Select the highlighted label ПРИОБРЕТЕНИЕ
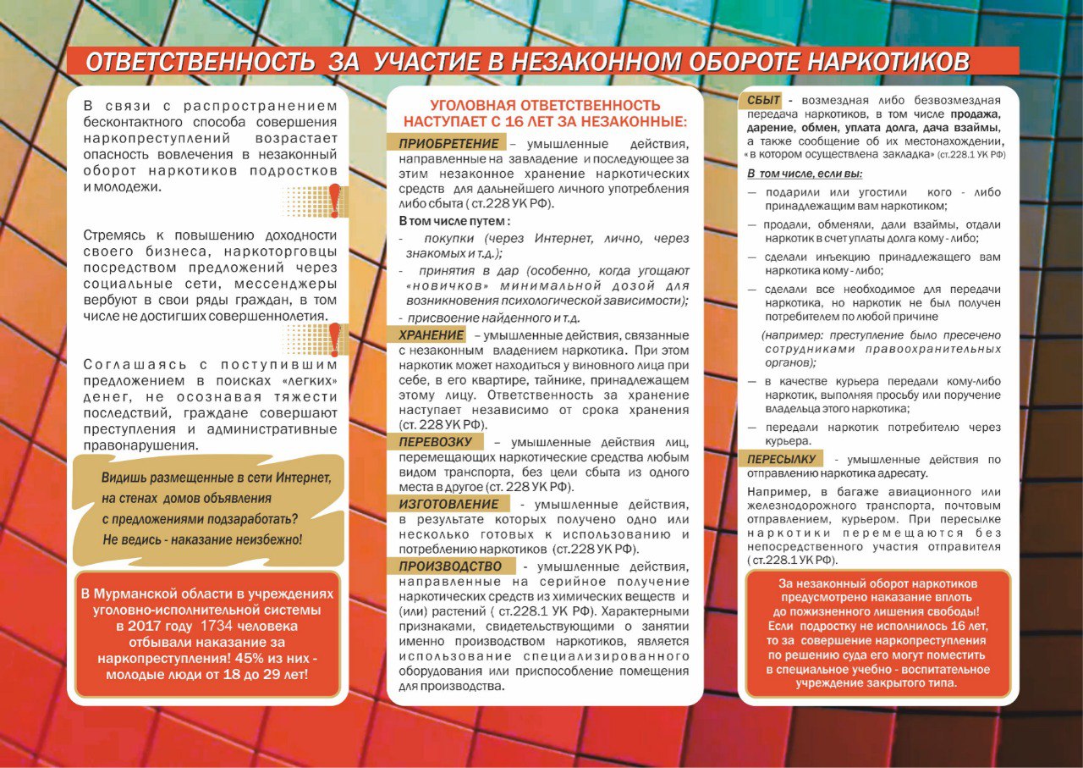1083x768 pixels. [x=446, y=142]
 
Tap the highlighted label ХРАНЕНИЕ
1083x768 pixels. [x=432, y=335]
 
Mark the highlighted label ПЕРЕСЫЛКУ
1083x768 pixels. [x=781, y=460]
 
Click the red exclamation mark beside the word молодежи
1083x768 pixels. [x=335, y=200]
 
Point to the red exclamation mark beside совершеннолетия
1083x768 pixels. [x=335, y=338]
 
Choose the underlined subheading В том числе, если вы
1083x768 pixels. [x=804, y=174]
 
